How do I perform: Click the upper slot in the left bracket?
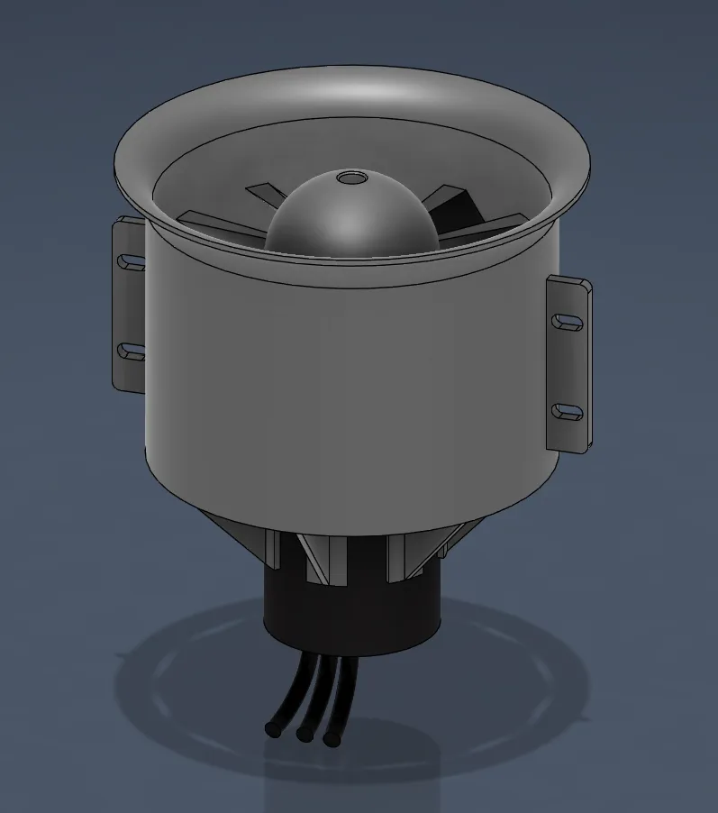click(132, 261)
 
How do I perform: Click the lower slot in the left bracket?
click(132, 350)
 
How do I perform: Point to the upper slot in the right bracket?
click(568, 321)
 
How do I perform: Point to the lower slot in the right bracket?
click(568, 412)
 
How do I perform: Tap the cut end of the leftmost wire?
click(271, 727)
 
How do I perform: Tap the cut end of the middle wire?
click(304, 735)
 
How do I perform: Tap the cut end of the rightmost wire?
click(331, 740)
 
